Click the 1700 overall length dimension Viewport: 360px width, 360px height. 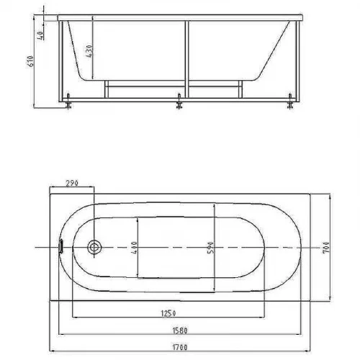click(x=180, y=347)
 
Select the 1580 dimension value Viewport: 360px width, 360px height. click(x=180, y=330)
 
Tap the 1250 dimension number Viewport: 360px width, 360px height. click(x=168, y=313)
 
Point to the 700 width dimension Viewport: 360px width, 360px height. click(x=326, y=247)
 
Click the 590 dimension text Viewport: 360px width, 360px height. click(x=210, y=248)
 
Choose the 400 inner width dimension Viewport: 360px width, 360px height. click(x=134, y=248)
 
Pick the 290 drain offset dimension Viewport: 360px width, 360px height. click(x=72, y=183)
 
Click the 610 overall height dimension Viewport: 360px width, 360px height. click(x=30, y=61)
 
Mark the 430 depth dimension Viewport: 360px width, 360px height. click(x=89, y=51)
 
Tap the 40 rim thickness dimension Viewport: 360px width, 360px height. click(x=40, y=35)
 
